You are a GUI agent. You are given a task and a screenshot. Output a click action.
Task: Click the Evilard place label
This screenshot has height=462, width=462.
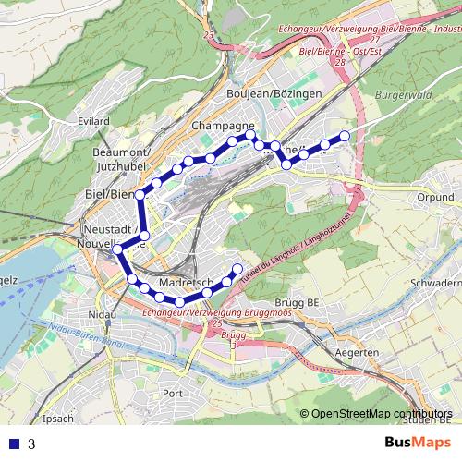(x=94, y=120)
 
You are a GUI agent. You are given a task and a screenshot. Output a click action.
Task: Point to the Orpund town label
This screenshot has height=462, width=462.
(x=433, y=197)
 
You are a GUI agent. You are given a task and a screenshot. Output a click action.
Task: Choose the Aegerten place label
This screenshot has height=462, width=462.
(x=354, y=354)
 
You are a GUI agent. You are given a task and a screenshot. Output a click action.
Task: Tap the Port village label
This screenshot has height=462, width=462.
(x=172, y=393)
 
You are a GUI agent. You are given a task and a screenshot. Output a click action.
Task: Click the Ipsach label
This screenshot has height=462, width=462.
(x=57, y=419)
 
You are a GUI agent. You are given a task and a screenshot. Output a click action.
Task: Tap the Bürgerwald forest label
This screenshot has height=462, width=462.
(x=404, y=95)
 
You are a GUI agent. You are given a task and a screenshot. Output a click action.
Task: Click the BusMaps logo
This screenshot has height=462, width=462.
(x=413, y=443)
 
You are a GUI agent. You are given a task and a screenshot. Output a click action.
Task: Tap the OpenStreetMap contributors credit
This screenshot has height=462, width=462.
(x=383, y=414)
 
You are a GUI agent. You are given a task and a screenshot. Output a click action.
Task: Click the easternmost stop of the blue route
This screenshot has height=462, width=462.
(x=345, y=136)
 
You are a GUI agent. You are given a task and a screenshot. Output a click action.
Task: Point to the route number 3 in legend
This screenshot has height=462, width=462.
(x=31, y=444)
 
